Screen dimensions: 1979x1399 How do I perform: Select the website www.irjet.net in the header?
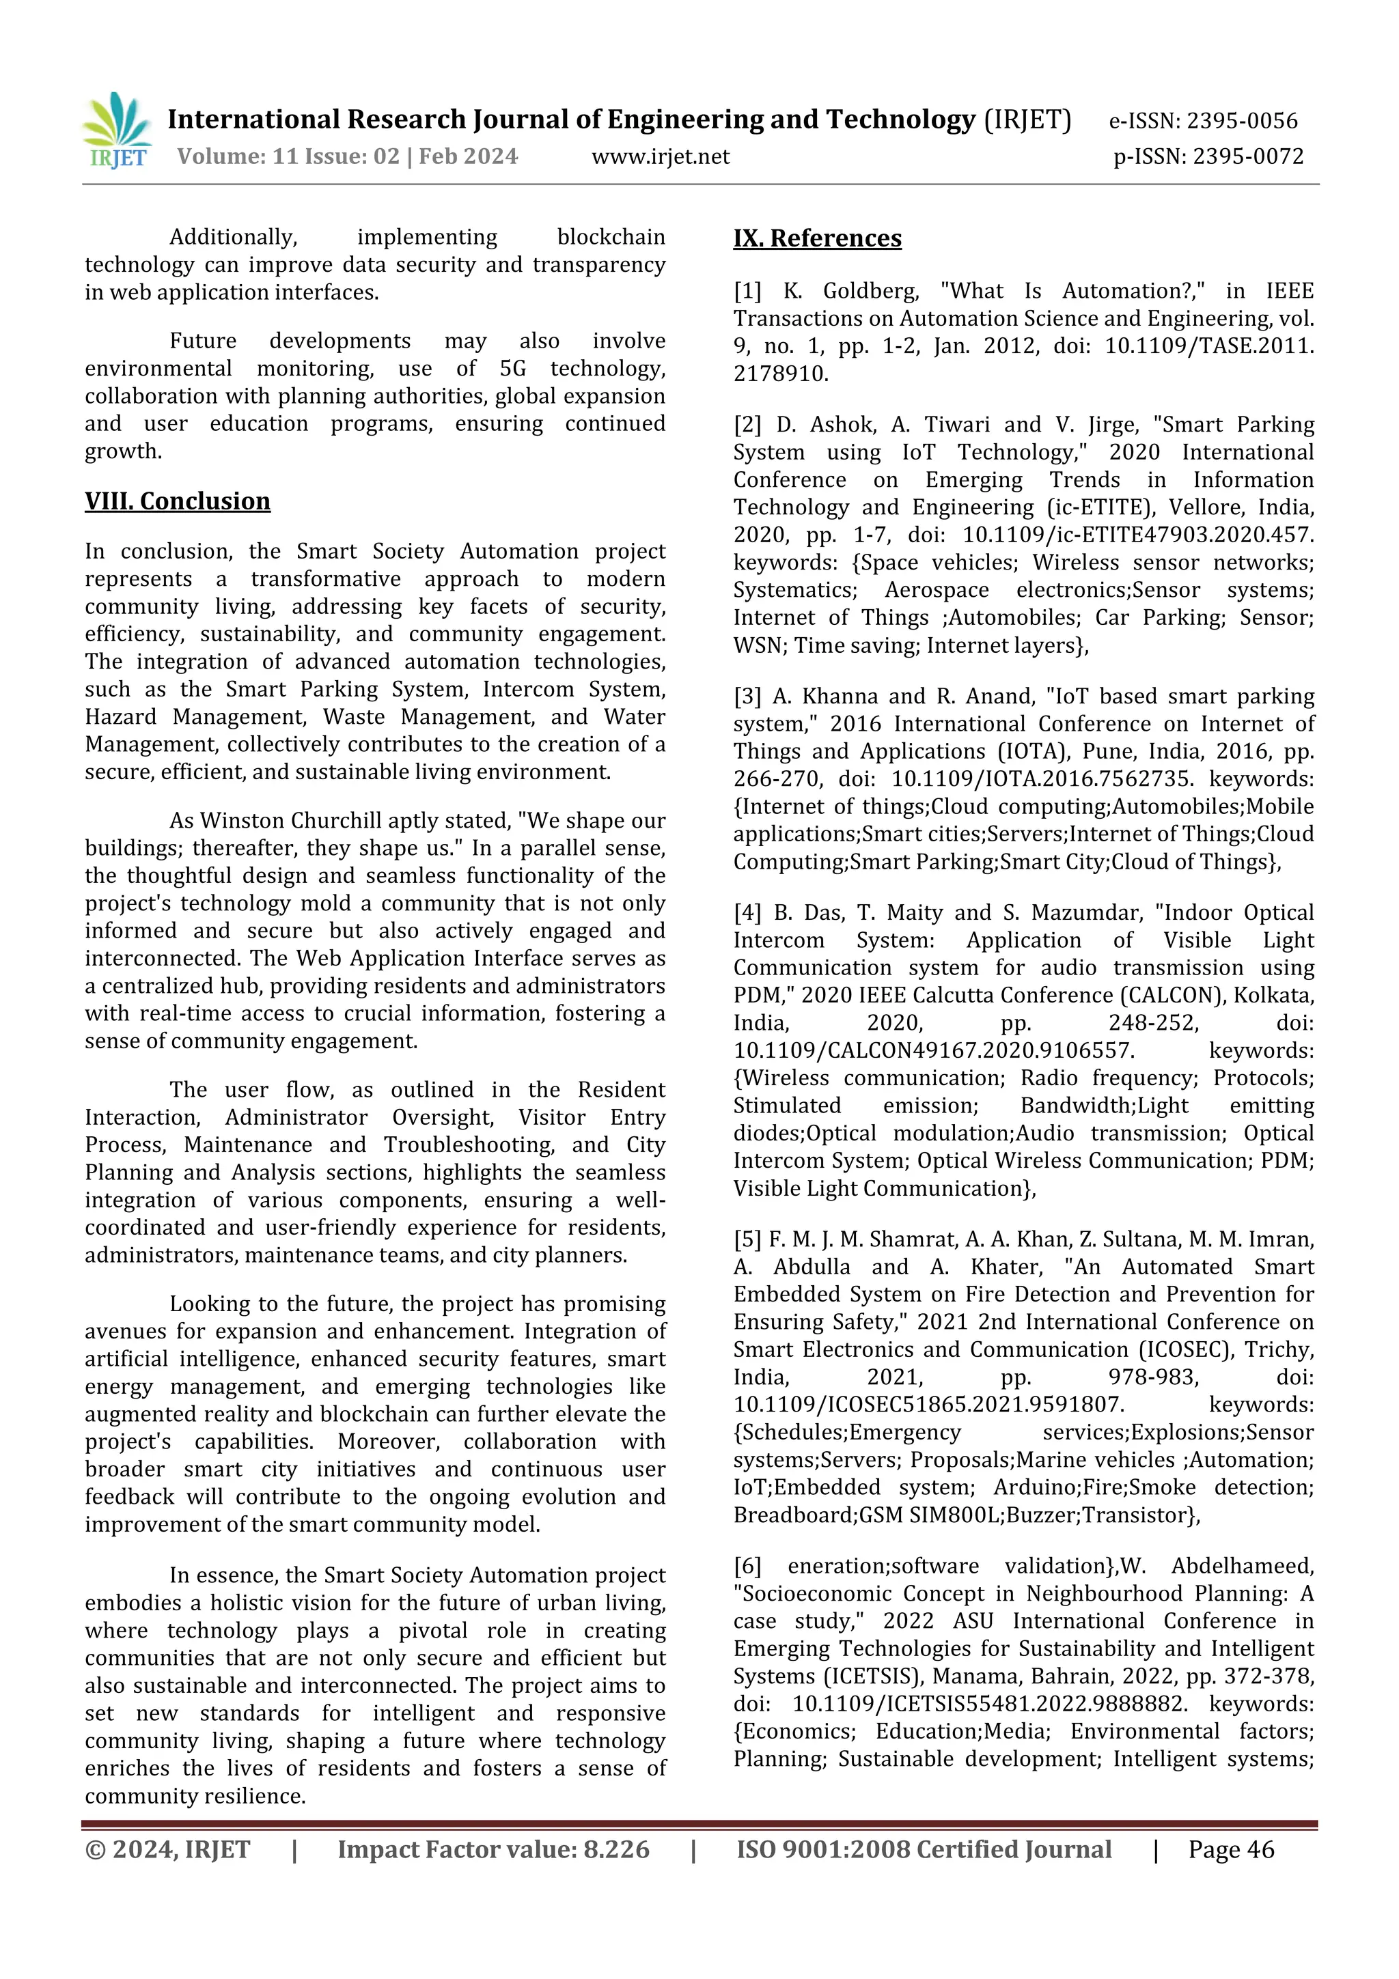point(661,157)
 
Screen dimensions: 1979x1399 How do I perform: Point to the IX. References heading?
point(817,238)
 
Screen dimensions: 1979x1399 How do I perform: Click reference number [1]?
point(747,292)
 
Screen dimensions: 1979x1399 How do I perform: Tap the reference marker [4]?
point(747,913)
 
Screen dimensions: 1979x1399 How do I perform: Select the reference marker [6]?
point(747,1566)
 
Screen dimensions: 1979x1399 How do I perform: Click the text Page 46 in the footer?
point(1231,1850)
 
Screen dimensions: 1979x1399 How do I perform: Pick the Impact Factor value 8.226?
point(616,1850)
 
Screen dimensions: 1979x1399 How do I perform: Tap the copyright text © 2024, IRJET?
point(167,1850)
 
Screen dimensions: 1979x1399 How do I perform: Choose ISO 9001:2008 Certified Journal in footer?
point(923,1850)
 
